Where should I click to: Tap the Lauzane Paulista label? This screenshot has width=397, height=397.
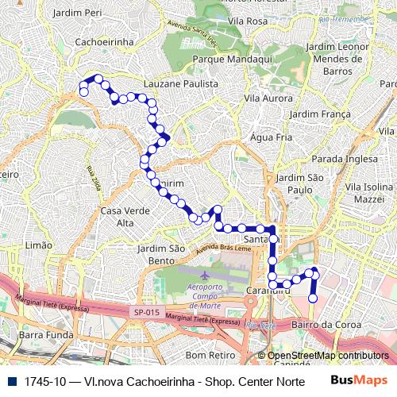click(181, 83)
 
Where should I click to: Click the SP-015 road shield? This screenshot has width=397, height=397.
click(147, 313)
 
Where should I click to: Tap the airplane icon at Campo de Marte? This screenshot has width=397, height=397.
click(206, 275)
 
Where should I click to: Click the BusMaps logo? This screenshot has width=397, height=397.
click(360, 382)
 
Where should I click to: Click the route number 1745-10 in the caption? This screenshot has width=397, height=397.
click(44, 382)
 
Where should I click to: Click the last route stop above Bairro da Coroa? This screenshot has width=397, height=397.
click(313, 299)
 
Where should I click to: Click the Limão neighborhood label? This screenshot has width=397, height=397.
click(39, 246)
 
